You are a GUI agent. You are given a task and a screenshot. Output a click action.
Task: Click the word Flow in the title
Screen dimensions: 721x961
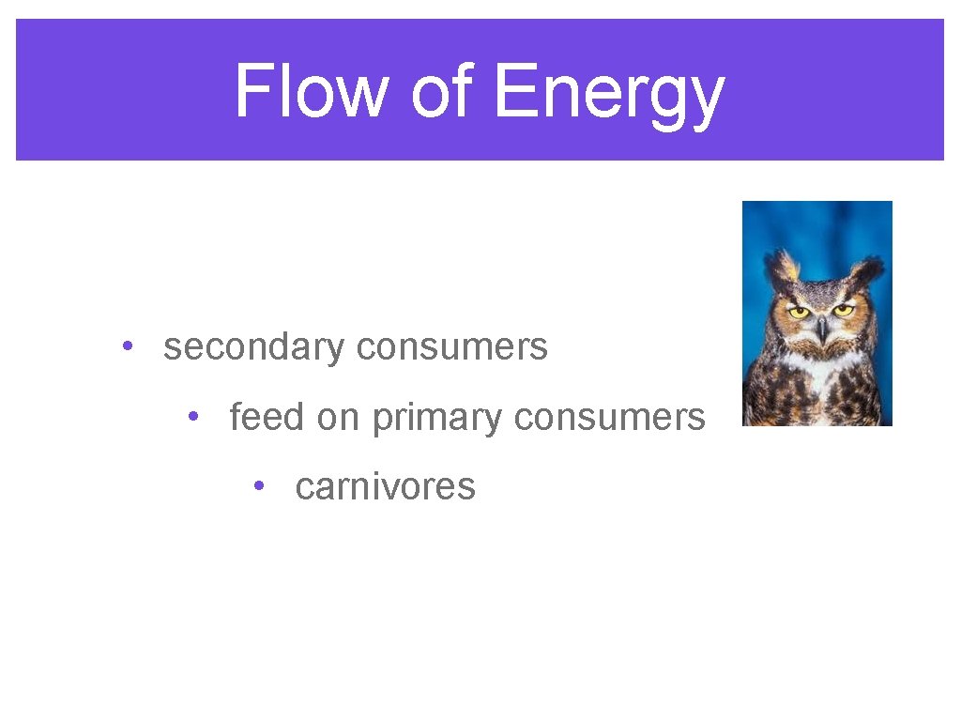310,92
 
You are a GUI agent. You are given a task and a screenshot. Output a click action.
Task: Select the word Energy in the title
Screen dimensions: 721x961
608,94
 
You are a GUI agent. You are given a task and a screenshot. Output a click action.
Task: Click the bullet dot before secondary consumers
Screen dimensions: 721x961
127,346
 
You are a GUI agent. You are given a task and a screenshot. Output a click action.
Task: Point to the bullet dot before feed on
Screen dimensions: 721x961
192,416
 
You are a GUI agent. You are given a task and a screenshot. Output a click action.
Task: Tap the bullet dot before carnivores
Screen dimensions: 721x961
258,485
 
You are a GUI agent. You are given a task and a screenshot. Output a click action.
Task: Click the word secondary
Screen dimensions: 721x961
254,347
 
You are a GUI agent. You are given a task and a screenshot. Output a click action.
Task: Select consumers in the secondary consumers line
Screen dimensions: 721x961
452,347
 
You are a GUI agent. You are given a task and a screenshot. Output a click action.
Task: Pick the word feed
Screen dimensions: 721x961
267,416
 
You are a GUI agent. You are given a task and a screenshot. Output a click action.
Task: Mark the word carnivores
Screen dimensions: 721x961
385,486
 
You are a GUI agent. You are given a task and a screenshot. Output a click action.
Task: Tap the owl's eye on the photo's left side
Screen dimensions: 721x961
799,312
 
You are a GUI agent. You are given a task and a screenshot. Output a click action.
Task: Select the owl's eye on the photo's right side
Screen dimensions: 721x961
843,311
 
